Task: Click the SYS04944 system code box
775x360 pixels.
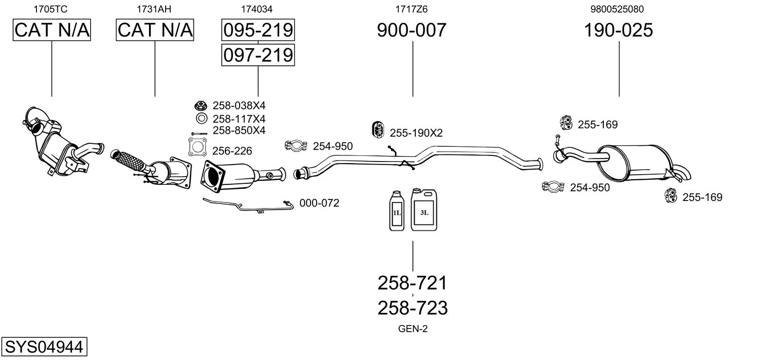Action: point(44,346)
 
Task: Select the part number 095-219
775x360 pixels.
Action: point(258,30)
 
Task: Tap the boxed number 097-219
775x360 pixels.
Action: point(258,55)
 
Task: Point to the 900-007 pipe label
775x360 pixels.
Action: point(412,30)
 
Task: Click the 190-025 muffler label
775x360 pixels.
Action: point(618,30)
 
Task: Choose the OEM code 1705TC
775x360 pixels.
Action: point(51,9)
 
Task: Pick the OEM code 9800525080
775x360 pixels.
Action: point(617,9)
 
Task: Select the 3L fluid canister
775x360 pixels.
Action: point(424,210)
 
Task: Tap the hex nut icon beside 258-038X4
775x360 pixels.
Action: point(201,105)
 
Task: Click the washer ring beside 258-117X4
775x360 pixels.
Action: point(202,118)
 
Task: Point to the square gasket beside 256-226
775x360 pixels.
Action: point(198,147)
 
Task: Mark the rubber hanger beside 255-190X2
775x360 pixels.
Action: point(378,130)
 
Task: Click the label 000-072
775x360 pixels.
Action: point(319,203)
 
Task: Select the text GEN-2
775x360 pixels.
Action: point(413,329)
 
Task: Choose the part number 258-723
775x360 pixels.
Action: point(413,308)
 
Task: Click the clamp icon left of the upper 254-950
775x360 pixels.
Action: point(296,146)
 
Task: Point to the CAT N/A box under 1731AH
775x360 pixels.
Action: point(154,30)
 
